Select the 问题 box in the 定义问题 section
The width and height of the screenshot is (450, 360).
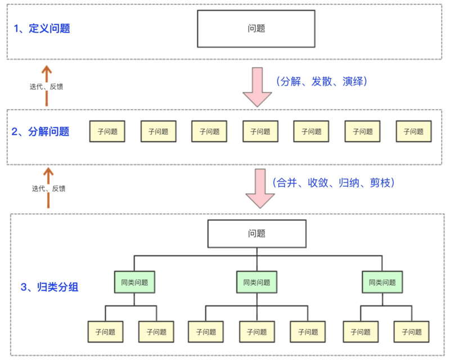[256, 29]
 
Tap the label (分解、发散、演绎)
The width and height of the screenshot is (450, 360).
[322, 82]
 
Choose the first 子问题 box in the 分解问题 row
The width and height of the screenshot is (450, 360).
[107, 132]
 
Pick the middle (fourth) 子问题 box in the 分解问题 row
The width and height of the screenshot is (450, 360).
[260, 132]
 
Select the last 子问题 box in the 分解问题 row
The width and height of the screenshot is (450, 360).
[413, 132]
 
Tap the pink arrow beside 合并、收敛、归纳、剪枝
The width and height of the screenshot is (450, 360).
[260, 188]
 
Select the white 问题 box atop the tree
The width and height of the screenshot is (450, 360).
[257, 233]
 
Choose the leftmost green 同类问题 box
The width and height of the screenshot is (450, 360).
[134, 282]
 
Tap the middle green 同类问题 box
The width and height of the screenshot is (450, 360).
[256, 282]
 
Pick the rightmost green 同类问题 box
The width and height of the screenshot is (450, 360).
[382, 282]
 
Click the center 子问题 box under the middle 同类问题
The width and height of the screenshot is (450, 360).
[256, 332]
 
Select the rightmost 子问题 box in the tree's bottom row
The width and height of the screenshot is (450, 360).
[411, 332]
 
